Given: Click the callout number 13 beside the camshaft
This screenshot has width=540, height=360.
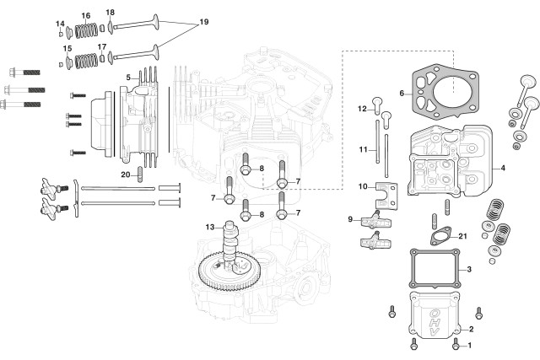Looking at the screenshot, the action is click(x=210, y=227).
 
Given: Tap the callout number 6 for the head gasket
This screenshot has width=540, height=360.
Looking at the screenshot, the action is click(x=402, y=94).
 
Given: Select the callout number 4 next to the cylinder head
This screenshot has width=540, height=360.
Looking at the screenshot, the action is click(x=503, y=169).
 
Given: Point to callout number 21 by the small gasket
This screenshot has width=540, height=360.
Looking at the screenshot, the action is click(x=462, y=236).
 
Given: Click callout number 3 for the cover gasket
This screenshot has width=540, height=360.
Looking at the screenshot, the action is click(x=469, y=269).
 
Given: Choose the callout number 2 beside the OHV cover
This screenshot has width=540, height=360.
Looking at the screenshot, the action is click(x=471, y=329).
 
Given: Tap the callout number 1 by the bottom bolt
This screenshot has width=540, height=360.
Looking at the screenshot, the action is click(x=469, y=345).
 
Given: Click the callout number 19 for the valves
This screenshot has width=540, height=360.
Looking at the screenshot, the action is click(x=204, y=22).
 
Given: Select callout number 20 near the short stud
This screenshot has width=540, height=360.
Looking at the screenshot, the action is click(x=126, y=175).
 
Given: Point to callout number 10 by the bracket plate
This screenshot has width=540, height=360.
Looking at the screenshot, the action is click(x=363, y=186).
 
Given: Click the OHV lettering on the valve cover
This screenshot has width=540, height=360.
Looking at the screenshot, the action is click(x=435, y=323).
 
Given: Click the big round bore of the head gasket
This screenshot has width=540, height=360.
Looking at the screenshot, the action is click(x=452, y=94).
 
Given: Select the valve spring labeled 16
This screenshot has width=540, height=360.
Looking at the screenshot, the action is click(x=86, y=30).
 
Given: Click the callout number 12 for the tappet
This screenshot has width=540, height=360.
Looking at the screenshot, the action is click(x=362, y=109).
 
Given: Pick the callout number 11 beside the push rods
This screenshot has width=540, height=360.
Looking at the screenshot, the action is click(x=363, y=150).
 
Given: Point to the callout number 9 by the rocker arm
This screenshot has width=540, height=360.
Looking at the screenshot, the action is click(x=350, y=219).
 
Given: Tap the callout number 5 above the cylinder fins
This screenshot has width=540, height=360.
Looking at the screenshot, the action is click(x=128, y=78).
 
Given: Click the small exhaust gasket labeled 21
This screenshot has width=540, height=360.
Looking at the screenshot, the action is click(x=440, y=236).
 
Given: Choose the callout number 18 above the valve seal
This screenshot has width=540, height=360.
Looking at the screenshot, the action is click(x=111, y=13).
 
